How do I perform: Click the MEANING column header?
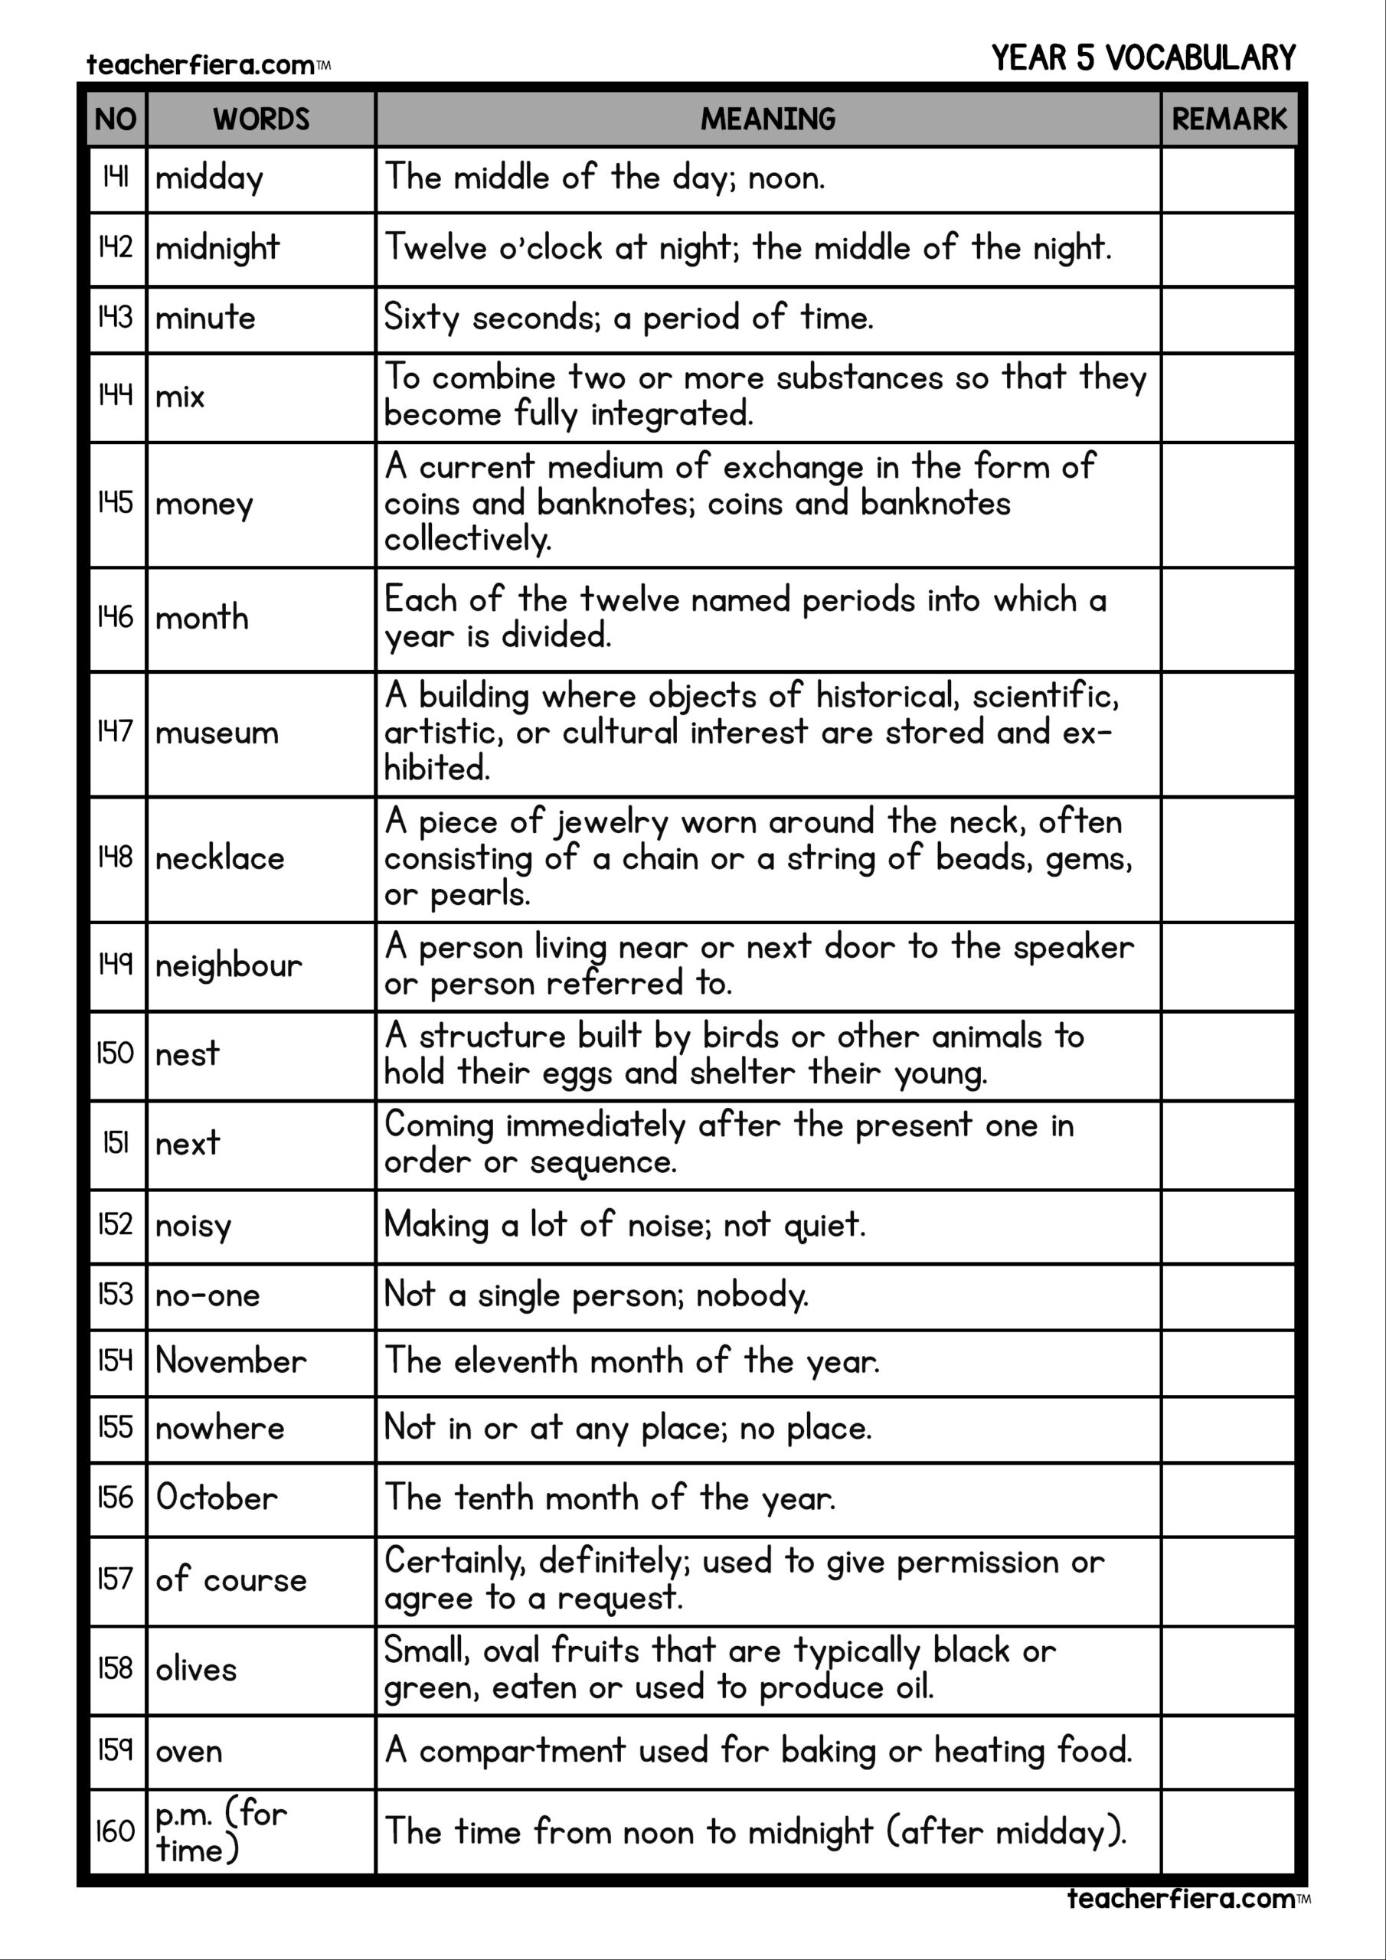coord(768,119)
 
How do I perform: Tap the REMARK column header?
coord(1228,119)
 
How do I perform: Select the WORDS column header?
coord(260,119)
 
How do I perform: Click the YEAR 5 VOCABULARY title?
coord(1142,58)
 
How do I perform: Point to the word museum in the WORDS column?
coord(217,733)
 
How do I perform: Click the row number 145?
coord(116,502)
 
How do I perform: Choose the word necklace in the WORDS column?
coord(220,859)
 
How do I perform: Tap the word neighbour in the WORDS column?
coord(228,966)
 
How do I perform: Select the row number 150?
coord(116,1053)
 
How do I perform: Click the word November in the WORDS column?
coord(230,1361)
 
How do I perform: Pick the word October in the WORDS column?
coord(216,1498)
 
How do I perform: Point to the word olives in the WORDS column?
coord(195,1669)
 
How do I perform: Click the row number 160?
coord(116,1831)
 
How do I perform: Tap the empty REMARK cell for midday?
coord(1228,178)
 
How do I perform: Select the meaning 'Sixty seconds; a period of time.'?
coord(629,318)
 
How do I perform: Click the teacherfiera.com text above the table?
coord(201,65)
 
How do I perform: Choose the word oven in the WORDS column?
coord(188,1752)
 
